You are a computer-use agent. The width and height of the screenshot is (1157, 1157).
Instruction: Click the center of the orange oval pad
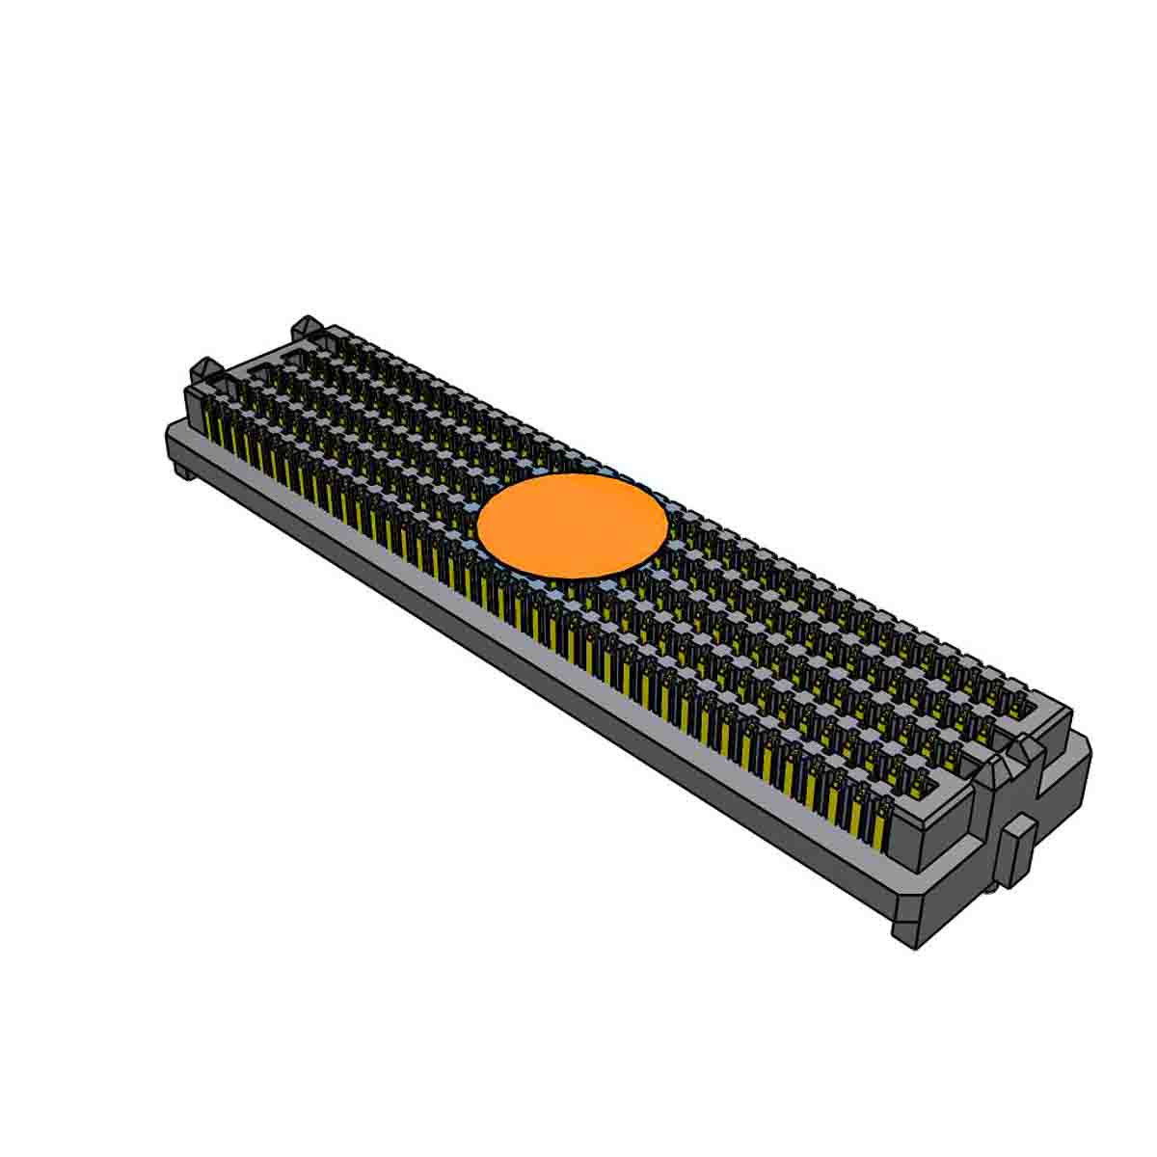click(x=572, y=526)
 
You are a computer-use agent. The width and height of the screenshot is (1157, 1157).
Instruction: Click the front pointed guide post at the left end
click(x=205, y=371)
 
